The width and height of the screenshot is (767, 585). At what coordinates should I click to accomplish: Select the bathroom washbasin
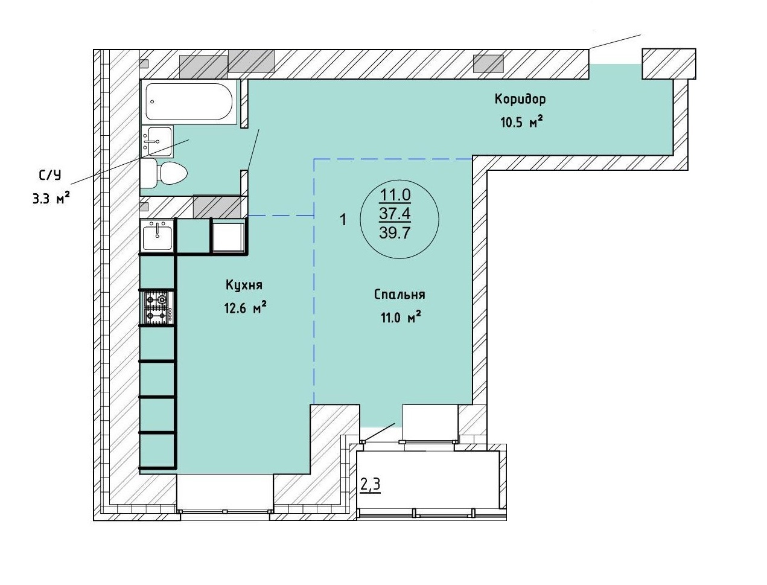pos(157,141)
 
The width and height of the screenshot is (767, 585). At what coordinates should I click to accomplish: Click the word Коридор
pos(520,100)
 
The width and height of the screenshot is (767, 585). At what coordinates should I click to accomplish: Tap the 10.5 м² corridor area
pos(522,123)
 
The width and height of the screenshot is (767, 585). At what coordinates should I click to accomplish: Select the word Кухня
pos(244,285)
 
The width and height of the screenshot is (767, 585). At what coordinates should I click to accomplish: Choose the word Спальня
pos(399,295)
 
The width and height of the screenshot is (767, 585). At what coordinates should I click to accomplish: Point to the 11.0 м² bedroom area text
pos(400,318)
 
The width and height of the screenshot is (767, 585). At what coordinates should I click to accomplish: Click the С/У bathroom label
pos(50,175)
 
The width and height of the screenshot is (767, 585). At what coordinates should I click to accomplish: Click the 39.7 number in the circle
pos(395,233)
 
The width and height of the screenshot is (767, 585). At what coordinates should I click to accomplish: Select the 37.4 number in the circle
pos(395,213)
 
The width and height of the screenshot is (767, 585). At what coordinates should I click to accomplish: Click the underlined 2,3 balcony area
pos(371,485)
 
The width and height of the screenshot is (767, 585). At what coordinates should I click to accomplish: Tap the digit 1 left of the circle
pos(343,220)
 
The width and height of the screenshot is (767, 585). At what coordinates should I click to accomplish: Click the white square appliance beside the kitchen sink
pos(229,237)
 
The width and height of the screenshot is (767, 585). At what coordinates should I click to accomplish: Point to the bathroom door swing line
pos(253,150)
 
